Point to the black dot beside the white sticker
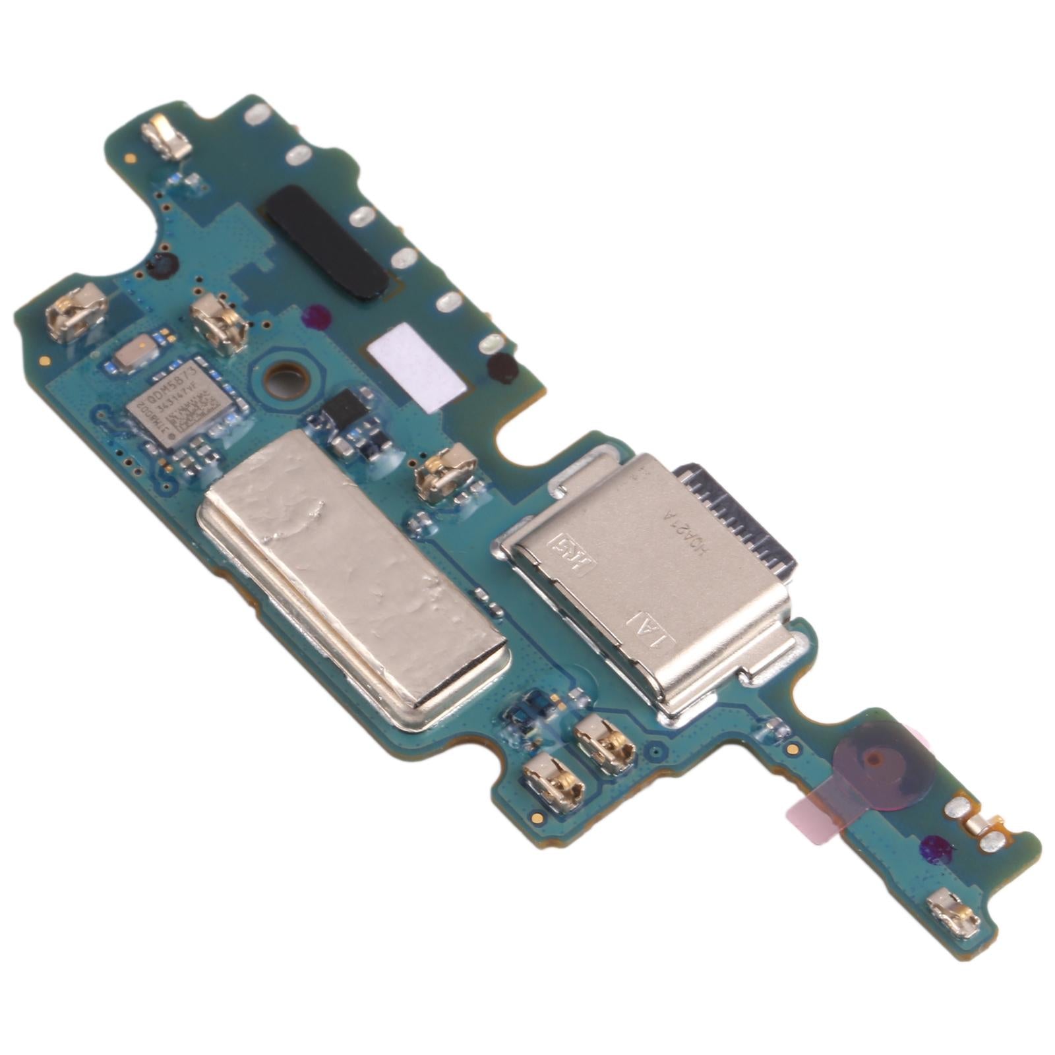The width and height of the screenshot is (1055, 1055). [x=502, y=367]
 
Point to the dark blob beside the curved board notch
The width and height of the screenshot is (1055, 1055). [x=162, y=266]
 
